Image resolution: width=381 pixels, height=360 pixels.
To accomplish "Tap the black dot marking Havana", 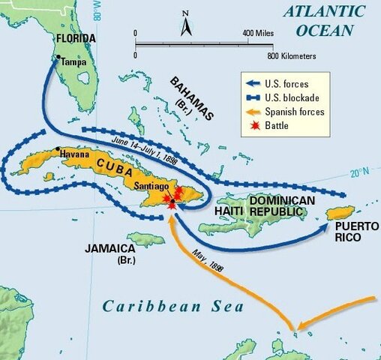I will (x=58, y=149).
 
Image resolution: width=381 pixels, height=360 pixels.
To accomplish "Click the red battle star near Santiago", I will (x=173, y=197).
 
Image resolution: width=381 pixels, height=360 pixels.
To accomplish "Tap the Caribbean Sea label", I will (x=173, y=306).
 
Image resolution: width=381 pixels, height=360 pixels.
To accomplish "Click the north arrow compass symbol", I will (x=186, y=27).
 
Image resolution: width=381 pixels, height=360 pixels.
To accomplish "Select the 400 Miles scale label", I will (x=257, y=34).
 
